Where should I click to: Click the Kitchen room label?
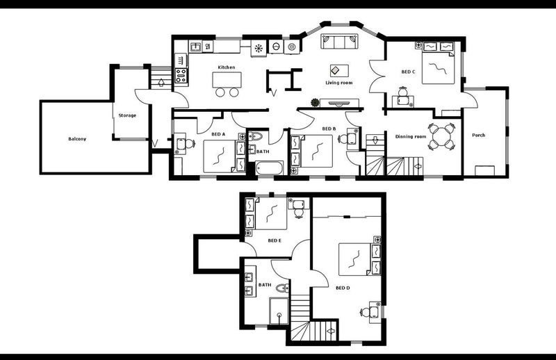(x=227, y=67)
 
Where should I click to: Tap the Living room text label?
(x=339, y=83)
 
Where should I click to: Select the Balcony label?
(x=77, y=139)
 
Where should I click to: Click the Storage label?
(x=127, y=115)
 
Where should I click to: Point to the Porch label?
(x=479, y=135)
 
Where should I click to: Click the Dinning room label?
(x=411, y=136)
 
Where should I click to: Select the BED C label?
(x=408, y=72)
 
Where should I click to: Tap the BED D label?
(x=343, y=288)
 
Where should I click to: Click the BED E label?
(x=275, y=240)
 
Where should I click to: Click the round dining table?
(x=441, y=136)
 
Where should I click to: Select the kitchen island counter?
(x=227, y=80)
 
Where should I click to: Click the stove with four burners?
(x=181, y=76)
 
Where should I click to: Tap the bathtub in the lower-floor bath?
(x=270, y=167)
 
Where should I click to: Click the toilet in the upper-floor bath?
(x=283, y=288)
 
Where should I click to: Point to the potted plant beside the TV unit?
(x=315, y=103)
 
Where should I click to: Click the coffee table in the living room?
(x=339, y=70)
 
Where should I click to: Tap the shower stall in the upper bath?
(x=279, y=311)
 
